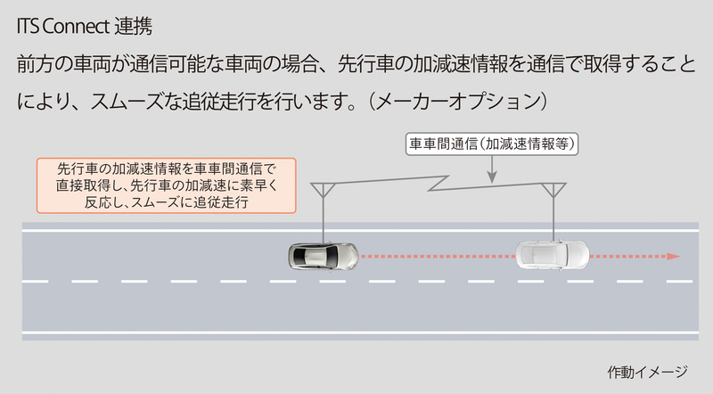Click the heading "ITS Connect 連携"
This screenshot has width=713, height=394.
point(85,26)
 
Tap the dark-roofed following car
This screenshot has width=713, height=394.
point(324,256)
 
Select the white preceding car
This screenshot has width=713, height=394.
point(552,255)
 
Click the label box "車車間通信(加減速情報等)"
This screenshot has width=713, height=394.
point(492,144)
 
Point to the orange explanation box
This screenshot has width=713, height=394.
point(167,185)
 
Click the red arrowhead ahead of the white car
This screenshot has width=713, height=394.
point(674,256)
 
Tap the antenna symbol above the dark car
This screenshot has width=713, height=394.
point(323,190)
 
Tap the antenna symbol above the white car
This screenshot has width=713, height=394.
point(553,190)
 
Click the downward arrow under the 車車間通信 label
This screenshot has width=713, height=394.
point(492,169)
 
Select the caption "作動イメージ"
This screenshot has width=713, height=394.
point(647,373)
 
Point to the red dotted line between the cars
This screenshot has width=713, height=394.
point(438,256)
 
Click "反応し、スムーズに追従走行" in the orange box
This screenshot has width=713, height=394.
point(167,201)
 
